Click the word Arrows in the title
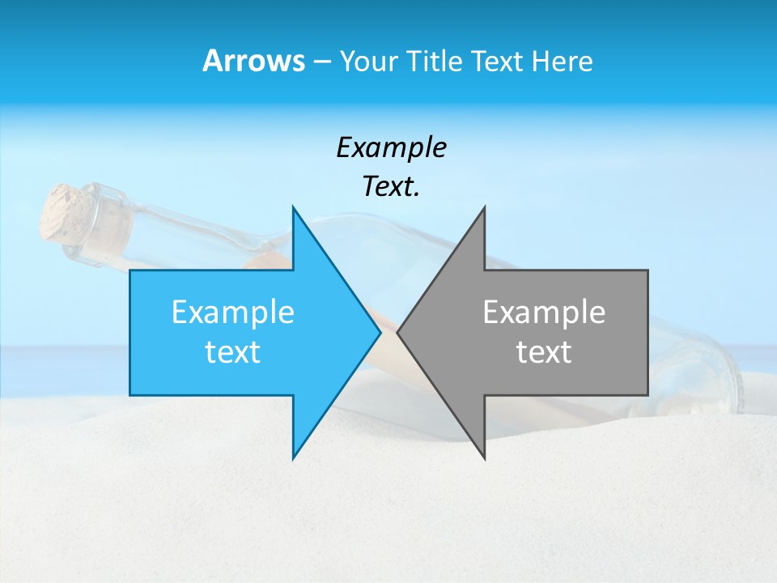point(253,61)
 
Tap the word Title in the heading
point(437,61)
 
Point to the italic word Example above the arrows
point(391,148)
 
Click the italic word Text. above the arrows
point(391,187)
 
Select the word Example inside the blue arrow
point(233,313)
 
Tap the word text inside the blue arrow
point(233,352)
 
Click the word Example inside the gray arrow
point(544,313)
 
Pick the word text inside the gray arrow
point(544,352)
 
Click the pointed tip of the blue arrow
point(379,332)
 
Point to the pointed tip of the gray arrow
point(398,332)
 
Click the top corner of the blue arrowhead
point(293,207)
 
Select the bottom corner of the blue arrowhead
point(293,458)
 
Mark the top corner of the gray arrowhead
point(484,207)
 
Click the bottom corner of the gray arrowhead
point(484,458)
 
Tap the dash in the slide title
point(321,62)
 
